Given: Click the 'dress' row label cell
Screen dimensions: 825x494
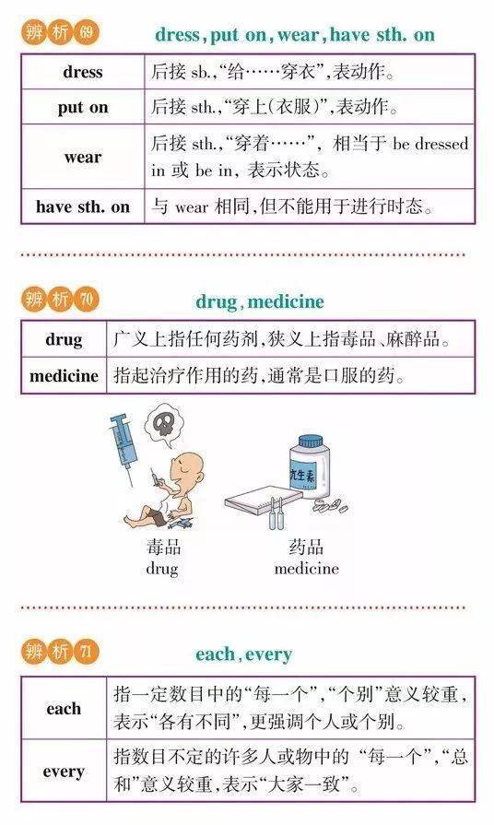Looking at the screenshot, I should [x=83, y=72].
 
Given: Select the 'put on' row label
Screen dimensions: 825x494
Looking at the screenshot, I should [x=83, y=107].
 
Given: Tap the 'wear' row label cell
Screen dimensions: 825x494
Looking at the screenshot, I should [x=83, y=157].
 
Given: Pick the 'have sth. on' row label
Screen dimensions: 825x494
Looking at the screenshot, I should [x=83, y=206].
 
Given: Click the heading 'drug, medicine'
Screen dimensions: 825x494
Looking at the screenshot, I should [x=259, y=301].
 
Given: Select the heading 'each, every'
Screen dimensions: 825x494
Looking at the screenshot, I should [x=243, y=654].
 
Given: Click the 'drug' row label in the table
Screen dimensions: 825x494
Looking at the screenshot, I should [x=64, y=339].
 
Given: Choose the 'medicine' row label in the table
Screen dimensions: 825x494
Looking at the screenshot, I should [x=64, y=375].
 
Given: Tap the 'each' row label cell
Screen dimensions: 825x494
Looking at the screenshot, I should [x=64, y=709].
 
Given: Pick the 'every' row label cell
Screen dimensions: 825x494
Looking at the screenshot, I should [x=64, y=772].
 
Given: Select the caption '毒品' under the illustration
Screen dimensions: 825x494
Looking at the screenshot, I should [x=162, y=548].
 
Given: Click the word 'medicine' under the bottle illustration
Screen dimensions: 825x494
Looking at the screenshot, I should [x=307, y=568].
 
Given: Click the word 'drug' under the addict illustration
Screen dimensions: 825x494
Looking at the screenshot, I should [x=162, y=568].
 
